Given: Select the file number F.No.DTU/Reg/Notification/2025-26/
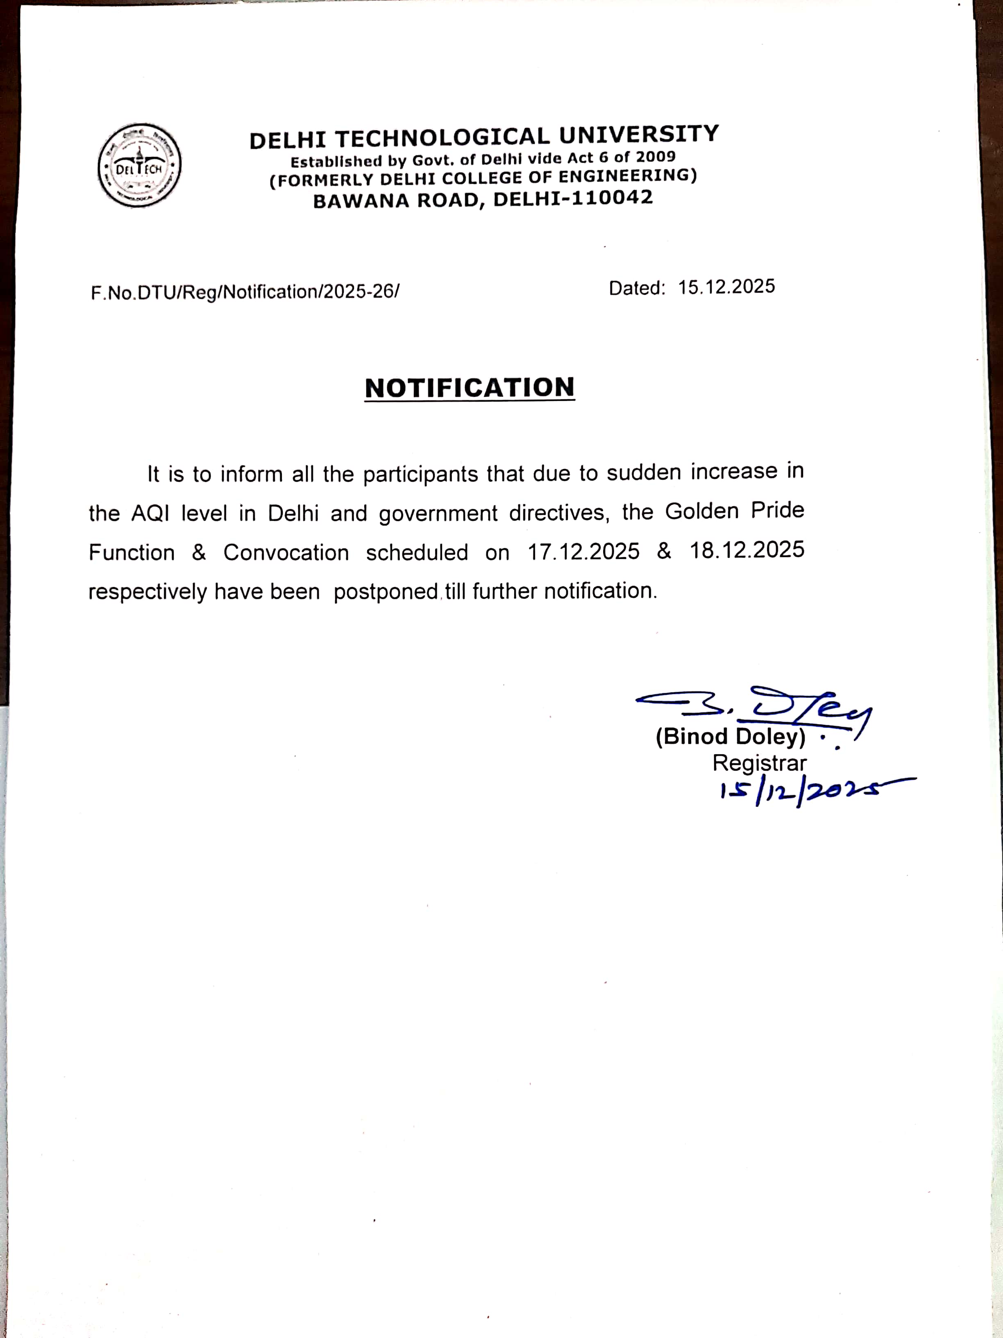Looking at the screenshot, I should tap(245, 292).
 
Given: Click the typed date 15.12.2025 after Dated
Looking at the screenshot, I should tap(726, 287).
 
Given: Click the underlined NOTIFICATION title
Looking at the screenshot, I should tap(470, 388).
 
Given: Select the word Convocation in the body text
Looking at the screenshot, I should tap(286, 552).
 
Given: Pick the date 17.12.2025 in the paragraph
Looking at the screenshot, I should tap(583, 551).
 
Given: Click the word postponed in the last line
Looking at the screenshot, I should tap(386, 591).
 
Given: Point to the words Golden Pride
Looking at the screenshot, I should tap(735, 511).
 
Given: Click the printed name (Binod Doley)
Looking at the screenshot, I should tap(731, 736).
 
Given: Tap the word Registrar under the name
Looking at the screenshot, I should tap(759, 763).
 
